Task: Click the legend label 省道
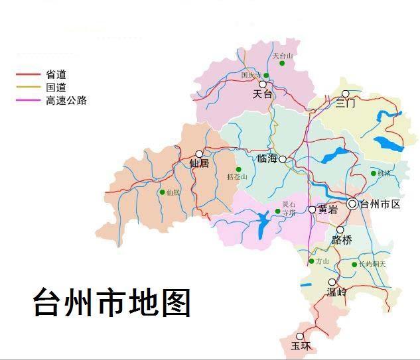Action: (56, 74)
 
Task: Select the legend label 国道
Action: (56, 88)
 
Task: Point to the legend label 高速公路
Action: (66, 101)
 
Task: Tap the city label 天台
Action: (263, 95)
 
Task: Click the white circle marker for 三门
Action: (345, 93)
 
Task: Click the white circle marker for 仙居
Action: (199, 154)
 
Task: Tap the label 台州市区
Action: (380, 204)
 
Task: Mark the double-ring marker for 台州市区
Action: (352, 204)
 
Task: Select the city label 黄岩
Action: (328, 210)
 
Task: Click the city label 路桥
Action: (342, 240)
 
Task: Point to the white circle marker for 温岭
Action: (332, 282)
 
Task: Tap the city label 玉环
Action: (301, 345)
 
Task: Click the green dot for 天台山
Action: (282, 64)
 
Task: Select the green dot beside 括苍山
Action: (238, 169)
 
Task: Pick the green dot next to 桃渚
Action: (373, 173)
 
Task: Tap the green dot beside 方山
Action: (311, 261)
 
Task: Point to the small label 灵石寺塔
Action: (289, 208)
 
